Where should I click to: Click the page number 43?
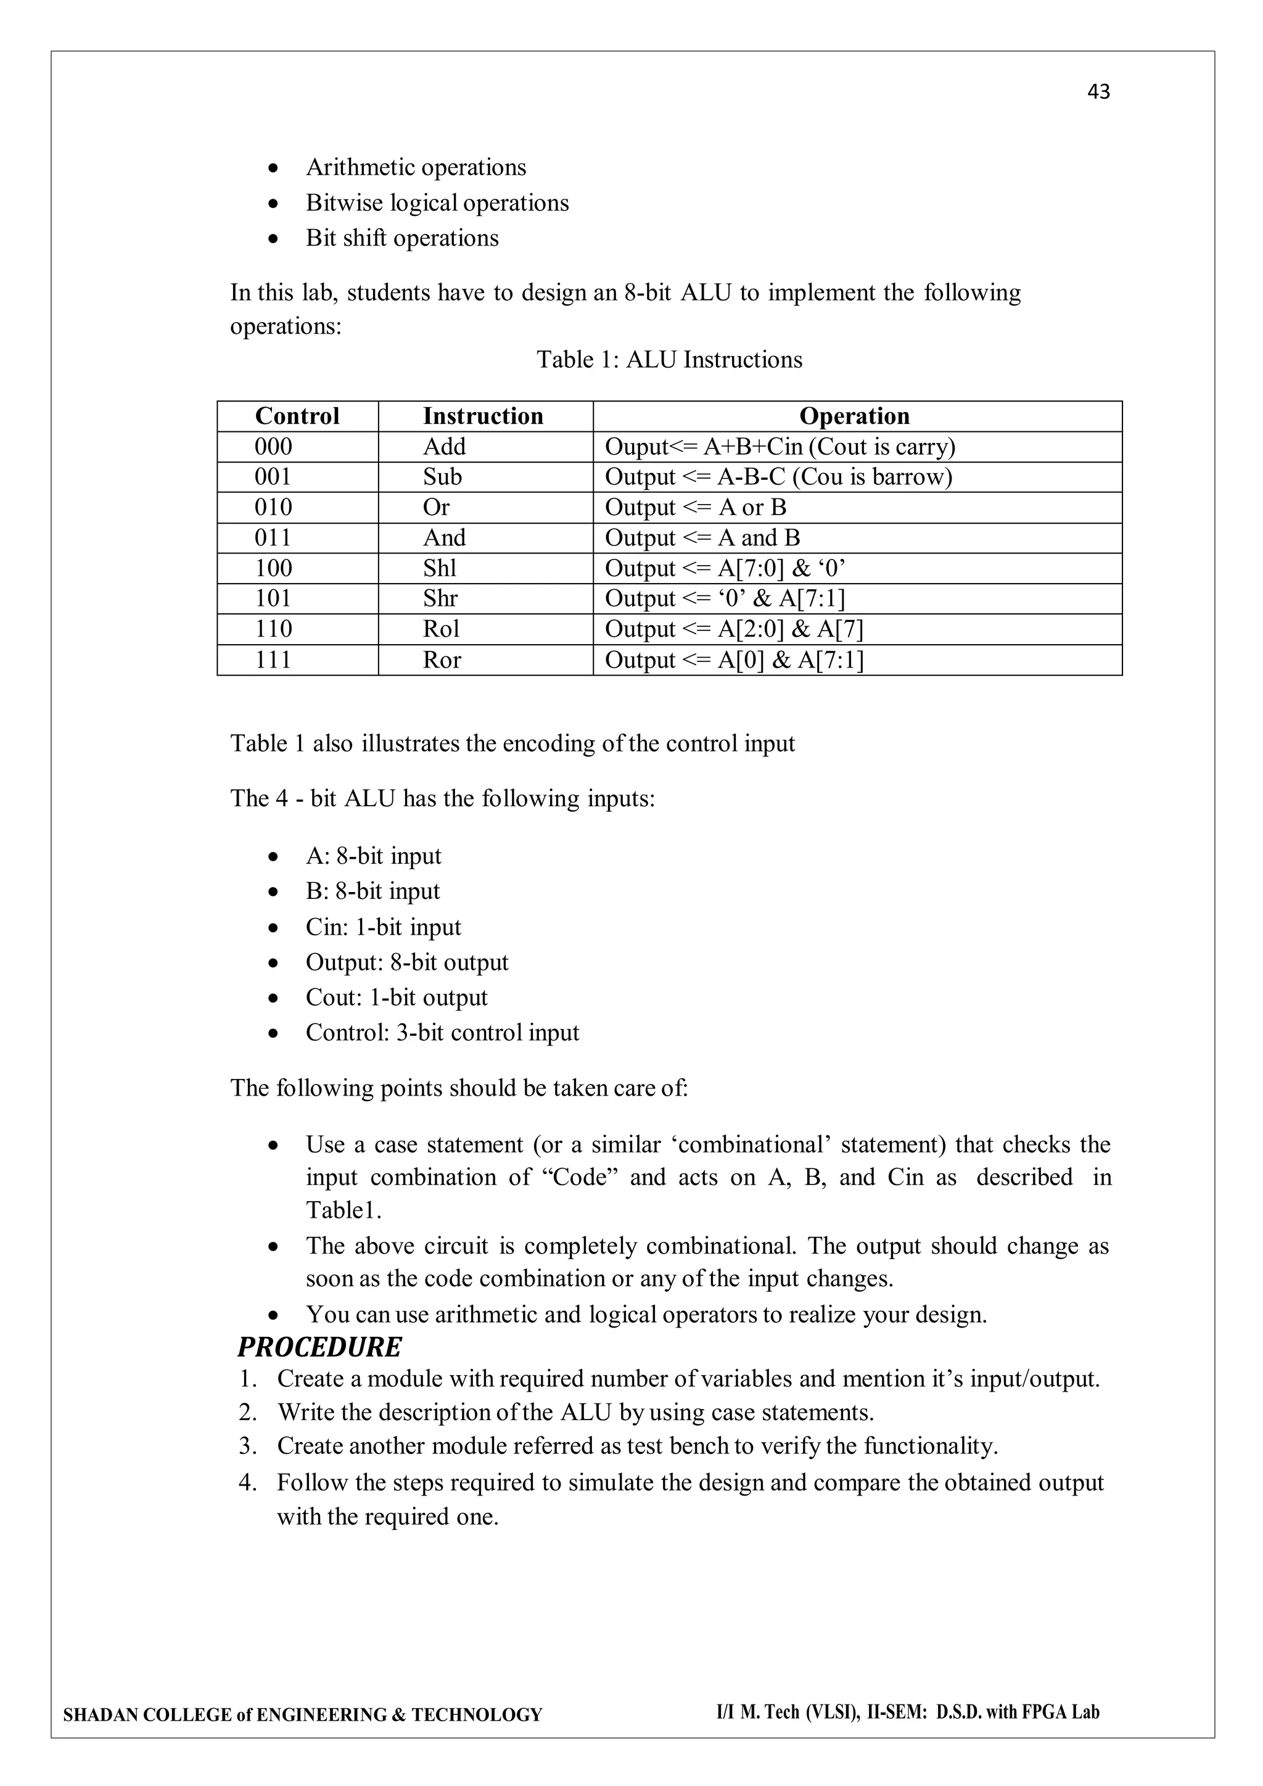(1098, 92)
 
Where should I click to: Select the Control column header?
(297, 416)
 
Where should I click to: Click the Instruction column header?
(483, 416)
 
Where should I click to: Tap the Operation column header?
(854, 416)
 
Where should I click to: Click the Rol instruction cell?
(441, 629)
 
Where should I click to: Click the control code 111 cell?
(273, 659)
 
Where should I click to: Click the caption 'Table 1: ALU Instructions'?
(669, 360)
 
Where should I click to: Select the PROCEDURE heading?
(319, 1347)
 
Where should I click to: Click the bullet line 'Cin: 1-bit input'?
(382, 927)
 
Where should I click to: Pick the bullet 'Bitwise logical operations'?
(437, 203)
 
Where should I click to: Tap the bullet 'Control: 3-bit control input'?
(442, 1033)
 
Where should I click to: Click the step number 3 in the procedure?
(247, 1446)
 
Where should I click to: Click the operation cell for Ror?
(733, 659)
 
